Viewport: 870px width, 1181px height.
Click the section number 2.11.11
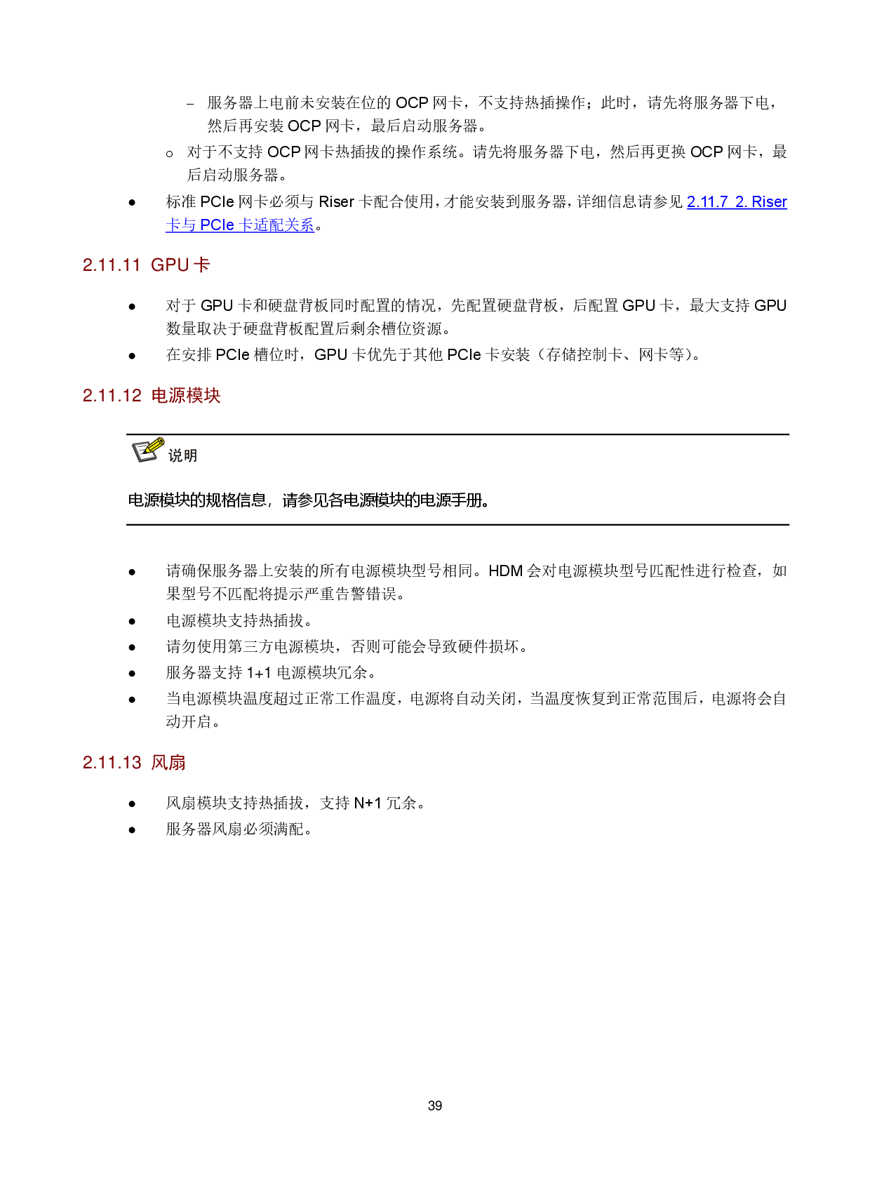(x=112, y=265)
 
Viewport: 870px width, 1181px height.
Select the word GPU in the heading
(x=170, y=265)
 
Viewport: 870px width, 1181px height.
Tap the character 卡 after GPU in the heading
(x=202, y=265)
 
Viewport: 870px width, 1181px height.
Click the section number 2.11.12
(x=112, y=396)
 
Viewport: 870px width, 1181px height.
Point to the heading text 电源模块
(x=186, y=396)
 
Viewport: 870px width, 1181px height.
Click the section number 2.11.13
(x=112, y=763)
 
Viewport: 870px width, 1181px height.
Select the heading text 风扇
(x=168, y=763)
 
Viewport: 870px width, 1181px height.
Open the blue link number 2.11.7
(x=707, y=202)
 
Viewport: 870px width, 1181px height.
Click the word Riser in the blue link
(x=770, y=202)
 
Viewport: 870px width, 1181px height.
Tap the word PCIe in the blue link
(x=217, y=225)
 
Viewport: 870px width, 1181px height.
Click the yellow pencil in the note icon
(x=154, y=446)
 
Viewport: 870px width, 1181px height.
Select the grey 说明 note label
(x=182, y=456)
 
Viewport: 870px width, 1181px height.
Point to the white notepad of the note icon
(x=144, y=453)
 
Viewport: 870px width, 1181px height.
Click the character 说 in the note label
(x=175, y=456)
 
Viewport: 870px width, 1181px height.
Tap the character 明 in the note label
(x=190, y=456)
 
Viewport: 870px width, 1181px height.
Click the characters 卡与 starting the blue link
(x=181, y=225)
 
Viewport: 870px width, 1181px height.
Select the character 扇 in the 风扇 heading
(x=178, y=763)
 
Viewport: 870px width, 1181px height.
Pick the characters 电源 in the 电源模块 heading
(x=168, y=396)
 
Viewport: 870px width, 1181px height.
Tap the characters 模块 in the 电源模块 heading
(x=203, y=396)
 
